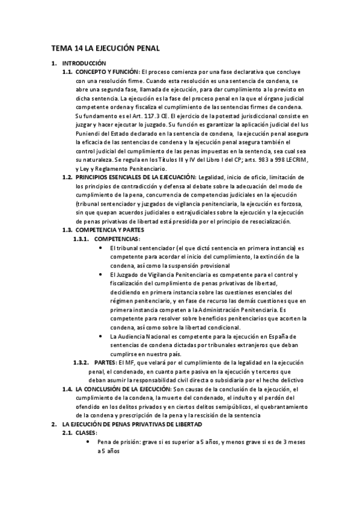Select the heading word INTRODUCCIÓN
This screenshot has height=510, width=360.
click(84, 63)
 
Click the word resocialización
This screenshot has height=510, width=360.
click(269, 221)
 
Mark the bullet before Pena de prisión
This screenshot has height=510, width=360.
click(89, 442)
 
